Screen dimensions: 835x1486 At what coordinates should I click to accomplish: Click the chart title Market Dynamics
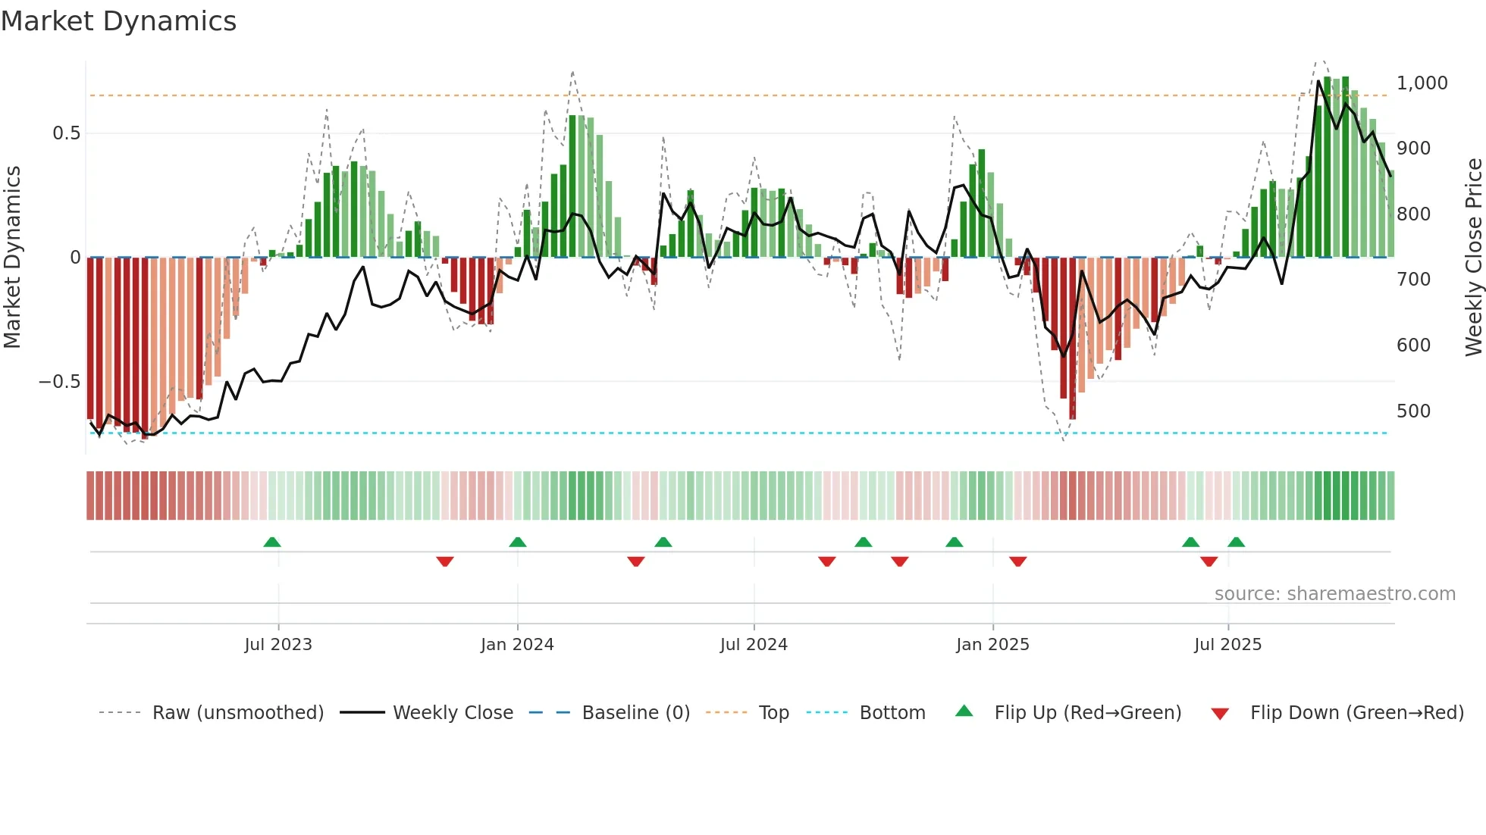tap(118, 21)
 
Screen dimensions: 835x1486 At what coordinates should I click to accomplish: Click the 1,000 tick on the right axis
tap(1422, 83)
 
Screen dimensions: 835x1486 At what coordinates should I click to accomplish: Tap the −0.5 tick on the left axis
tap(60, 381)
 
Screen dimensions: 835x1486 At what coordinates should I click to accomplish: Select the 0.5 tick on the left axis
tap(66, 133)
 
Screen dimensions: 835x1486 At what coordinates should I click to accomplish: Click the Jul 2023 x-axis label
tap(278, 644)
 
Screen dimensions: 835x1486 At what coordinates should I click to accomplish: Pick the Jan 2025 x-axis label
tap(992, 644)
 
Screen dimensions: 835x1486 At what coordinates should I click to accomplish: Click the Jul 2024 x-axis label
tap(754, 644)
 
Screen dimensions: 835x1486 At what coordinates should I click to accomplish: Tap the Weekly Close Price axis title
tap(1473, 257)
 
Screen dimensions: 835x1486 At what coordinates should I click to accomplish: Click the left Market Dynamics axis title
tap(12, 257)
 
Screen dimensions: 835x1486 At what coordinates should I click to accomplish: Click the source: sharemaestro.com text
tap(1334, 593)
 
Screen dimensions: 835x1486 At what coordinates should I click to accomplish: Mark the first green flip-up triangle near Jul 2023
tap(272, 542)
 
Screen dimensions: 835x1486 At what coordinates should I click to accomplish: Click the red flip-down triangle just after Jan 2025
tap(1017, 561)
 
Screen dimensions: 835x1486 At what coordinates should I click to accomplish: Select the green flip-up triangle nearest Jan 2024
tap(518, 542)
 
